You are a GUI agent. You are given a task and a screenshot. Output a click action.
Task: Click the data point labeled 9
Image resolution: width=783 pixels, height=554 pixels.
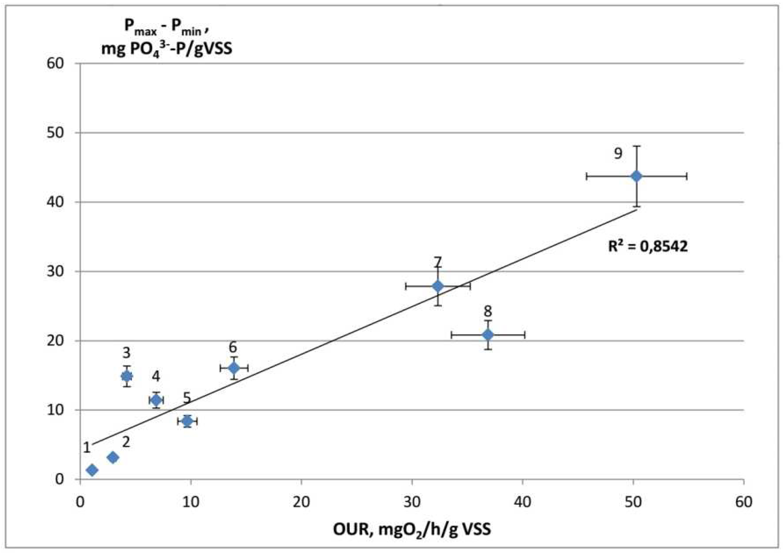(x=636, y=176)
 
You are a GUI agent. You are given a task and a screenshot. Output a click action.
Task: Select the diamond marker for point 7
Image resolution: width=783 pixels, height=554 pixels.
(x=438, y=286)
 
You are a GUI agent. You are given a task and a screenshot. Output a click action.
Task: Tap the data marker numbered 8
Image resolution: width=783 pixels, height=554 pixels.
(x=488, y=335)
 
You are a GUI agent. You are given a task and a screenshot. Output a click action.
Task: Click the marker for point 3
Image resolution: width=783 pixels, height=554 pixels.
(x=127, y=376)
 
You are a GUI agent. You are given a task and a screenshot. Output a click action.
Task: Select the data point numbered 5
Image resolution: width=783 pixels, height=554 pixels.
(x=187, y=421)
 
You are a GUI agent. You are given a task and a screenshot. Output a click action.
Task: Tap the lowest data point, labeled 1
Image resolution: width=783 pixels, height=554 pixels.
(x=92, y=470)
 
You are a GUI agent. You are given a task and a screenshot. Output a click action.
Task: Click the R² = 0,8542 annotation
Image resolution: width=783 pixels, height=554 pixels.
(x=648, y=246)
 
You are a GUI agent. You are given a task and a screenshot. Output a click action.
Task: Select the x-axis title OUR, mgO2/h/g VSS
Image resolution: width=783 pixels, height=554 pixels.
(x=412, y=529)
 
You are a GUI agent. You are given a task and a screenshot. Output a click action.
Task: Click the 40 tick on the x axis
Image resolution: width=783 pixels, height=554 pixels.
(x=522, y=503)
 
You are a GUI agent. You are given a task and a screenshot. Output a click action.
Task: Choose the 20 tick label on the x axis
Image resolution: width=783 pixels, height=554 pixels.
(x=301, y=503)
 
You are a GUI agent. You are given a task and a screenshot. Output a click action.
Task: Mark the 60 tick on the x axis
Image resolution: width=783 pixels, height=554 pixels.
(x=744, y=503)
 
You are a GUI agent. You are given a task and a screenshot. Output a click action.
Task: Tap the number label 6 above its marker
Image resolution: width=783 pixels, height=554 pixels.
(x=233, y=348)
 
